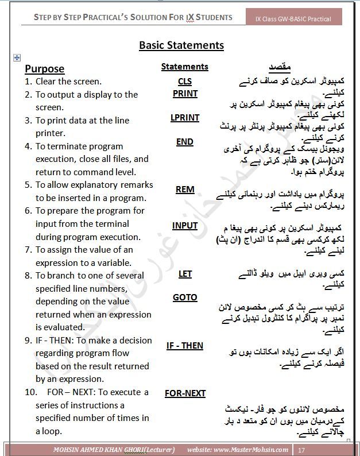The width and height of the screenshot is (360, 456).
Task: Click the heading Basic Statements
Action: pyautogui.click(x=181, y=45)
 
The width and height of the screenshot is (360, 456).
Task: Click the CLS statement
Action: pyautogui.click(x=184, y=82)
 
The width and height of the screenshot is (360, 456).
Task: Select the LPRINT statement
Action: pyautogui.click(x=184, y=118)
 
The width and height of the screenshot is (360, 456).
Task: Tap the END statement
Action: pyautogui.click(x=184, y=142)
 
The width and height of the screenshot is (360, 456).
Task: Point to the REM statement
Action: pyautogui.click(x=184, y=190)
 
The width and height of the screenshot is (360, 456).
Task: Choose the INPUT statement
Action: pyautogui.click(x=184, y=226)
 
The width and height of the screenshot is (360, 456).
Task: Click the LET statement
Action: pyautogui.click(x=184, y=274)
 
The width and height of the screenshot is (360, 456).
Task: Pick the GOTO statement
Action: pyautogui.click(x=184, y=297)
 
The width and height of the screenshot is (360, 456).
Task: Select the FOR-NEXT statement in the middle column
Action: pyautogui.click(x=185, y=393)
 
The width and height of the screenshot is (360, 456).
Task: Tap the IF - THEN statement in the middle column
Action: pyautogui.click(x=184, y=346)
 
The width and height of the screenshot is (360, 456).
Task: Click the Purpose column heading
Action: pyautogui.click(x=44, y=69)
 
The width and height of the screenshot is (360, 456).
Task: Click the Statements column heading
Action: pyautogui.click(x=184, y=67)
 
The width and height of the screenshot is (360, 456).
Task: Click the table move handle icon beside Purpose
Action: pyautogui.click(x=17, y=57)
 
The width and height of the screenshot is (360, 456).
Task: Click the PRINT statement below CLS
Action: pyautogui.click(x=184, y=94)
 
